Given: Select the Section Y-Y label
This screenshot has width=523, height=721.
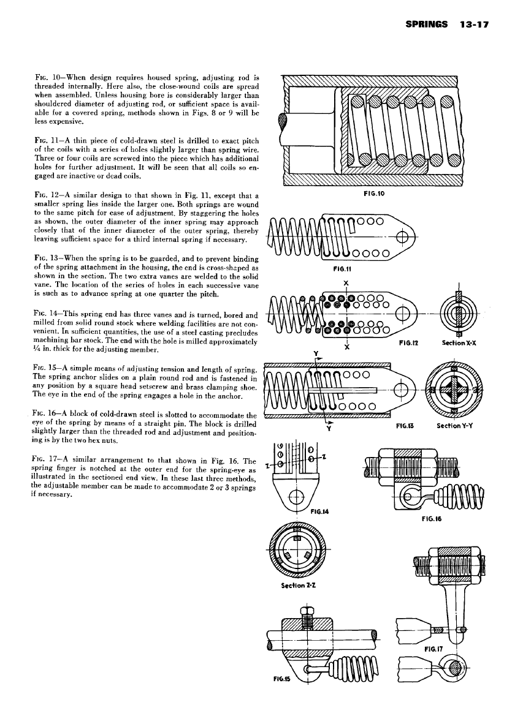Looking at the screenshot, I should tap(454, 424).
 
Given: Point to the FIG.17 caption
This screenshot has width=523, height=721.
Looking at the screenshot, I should tap(434, 646).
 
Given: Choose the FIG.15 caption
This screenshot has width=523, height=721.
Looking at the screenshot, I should tap(281, 679).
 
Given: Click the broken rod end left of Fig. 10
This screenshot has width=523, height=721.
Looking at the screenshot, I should tap(283, 129).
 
